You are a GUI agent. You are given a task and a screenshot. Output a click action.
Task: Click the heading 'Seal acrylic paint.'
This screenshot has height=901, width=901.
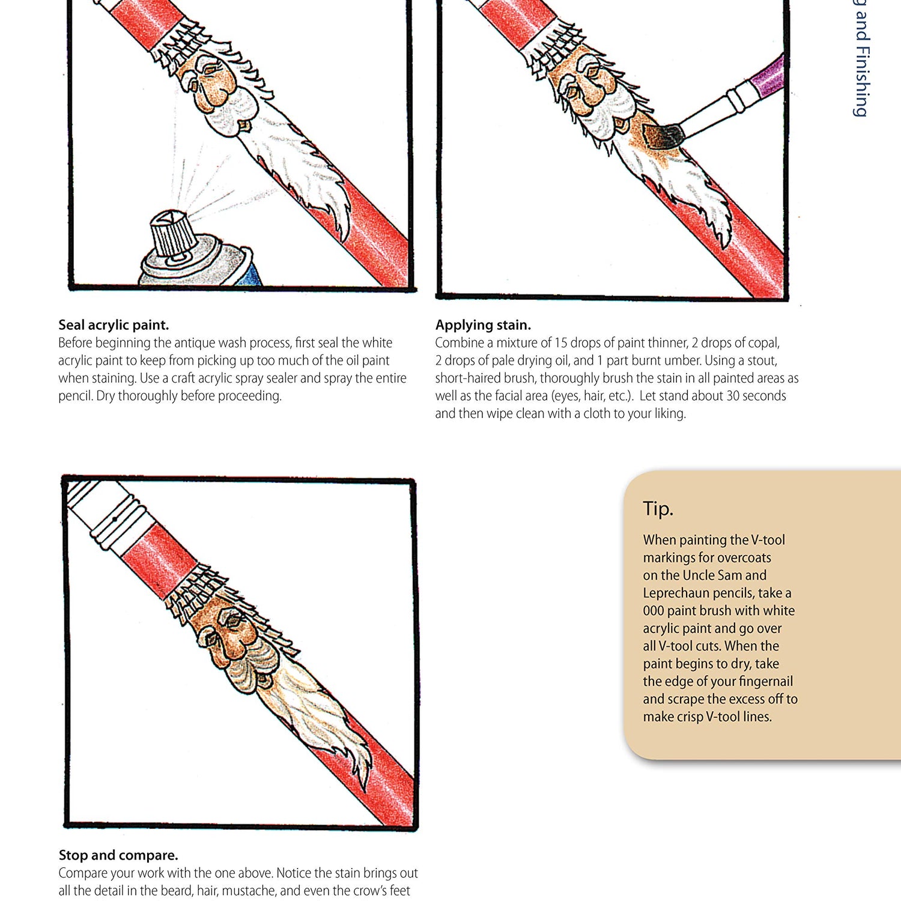pyautogui.click(x=114, y=325)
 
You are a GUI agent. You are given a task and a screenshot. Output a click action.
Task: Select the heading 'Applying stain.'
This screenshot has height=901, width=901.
pyautogui.click(x=483, y=325)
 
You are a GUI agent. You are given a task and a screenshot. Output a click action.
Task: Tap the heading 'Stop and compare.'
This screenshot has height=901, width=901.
pyautogui.click(x=118, y=855)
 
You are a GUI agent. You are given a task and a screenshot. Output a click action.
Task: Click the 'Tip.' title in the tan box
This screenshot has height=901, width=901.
pyautogui.click(x=658, y=509)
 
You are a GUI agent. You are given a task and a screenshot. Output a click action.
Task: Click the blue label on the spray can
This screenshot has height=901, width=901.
pyautogui.click(x=250, y=274)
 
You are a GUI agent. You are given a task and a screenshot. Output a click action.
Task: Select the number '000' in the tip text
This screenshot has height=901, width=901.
pyautogui.click(x=653, y=611)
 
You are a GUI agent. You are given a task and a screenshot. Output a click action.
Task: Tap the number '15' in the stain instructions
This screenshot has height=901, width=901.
pyautogui.click(x=560, y=343)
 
